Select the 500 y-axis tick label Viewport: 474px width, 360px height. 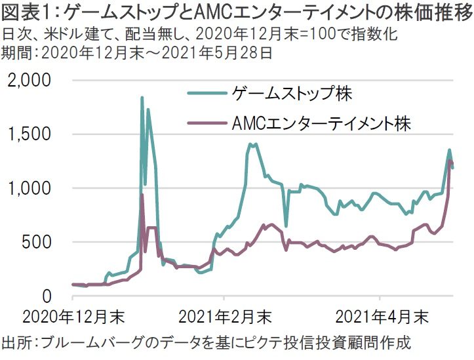click(x=40, y=242)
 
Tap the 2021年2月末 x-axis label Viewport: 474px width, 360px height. click(x=224, y=318)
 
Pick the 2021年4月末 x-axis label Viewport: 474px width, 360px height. click(x=380, y=318)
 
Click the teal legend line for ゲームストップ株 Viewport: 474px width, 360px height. click(x=208, y=94)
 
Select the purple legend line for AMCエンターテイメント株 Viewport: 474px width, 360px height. click(x=208, y=123)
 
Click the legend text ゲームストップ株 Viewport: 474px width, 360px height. click(x=292, y=94)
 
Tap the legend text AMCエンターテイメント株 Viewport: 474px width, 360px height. click(x=321, y=123)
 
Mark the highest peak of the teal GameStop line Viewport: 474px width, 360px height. click(x=142, y=98)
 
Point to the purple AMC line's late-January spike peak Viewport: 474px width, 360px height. click(x=142, y=195)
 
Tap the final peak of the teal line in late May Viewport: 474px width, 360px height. click(x=449, y=150)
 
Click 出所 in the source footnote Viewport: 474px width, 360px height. click(x=18, y=342)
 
